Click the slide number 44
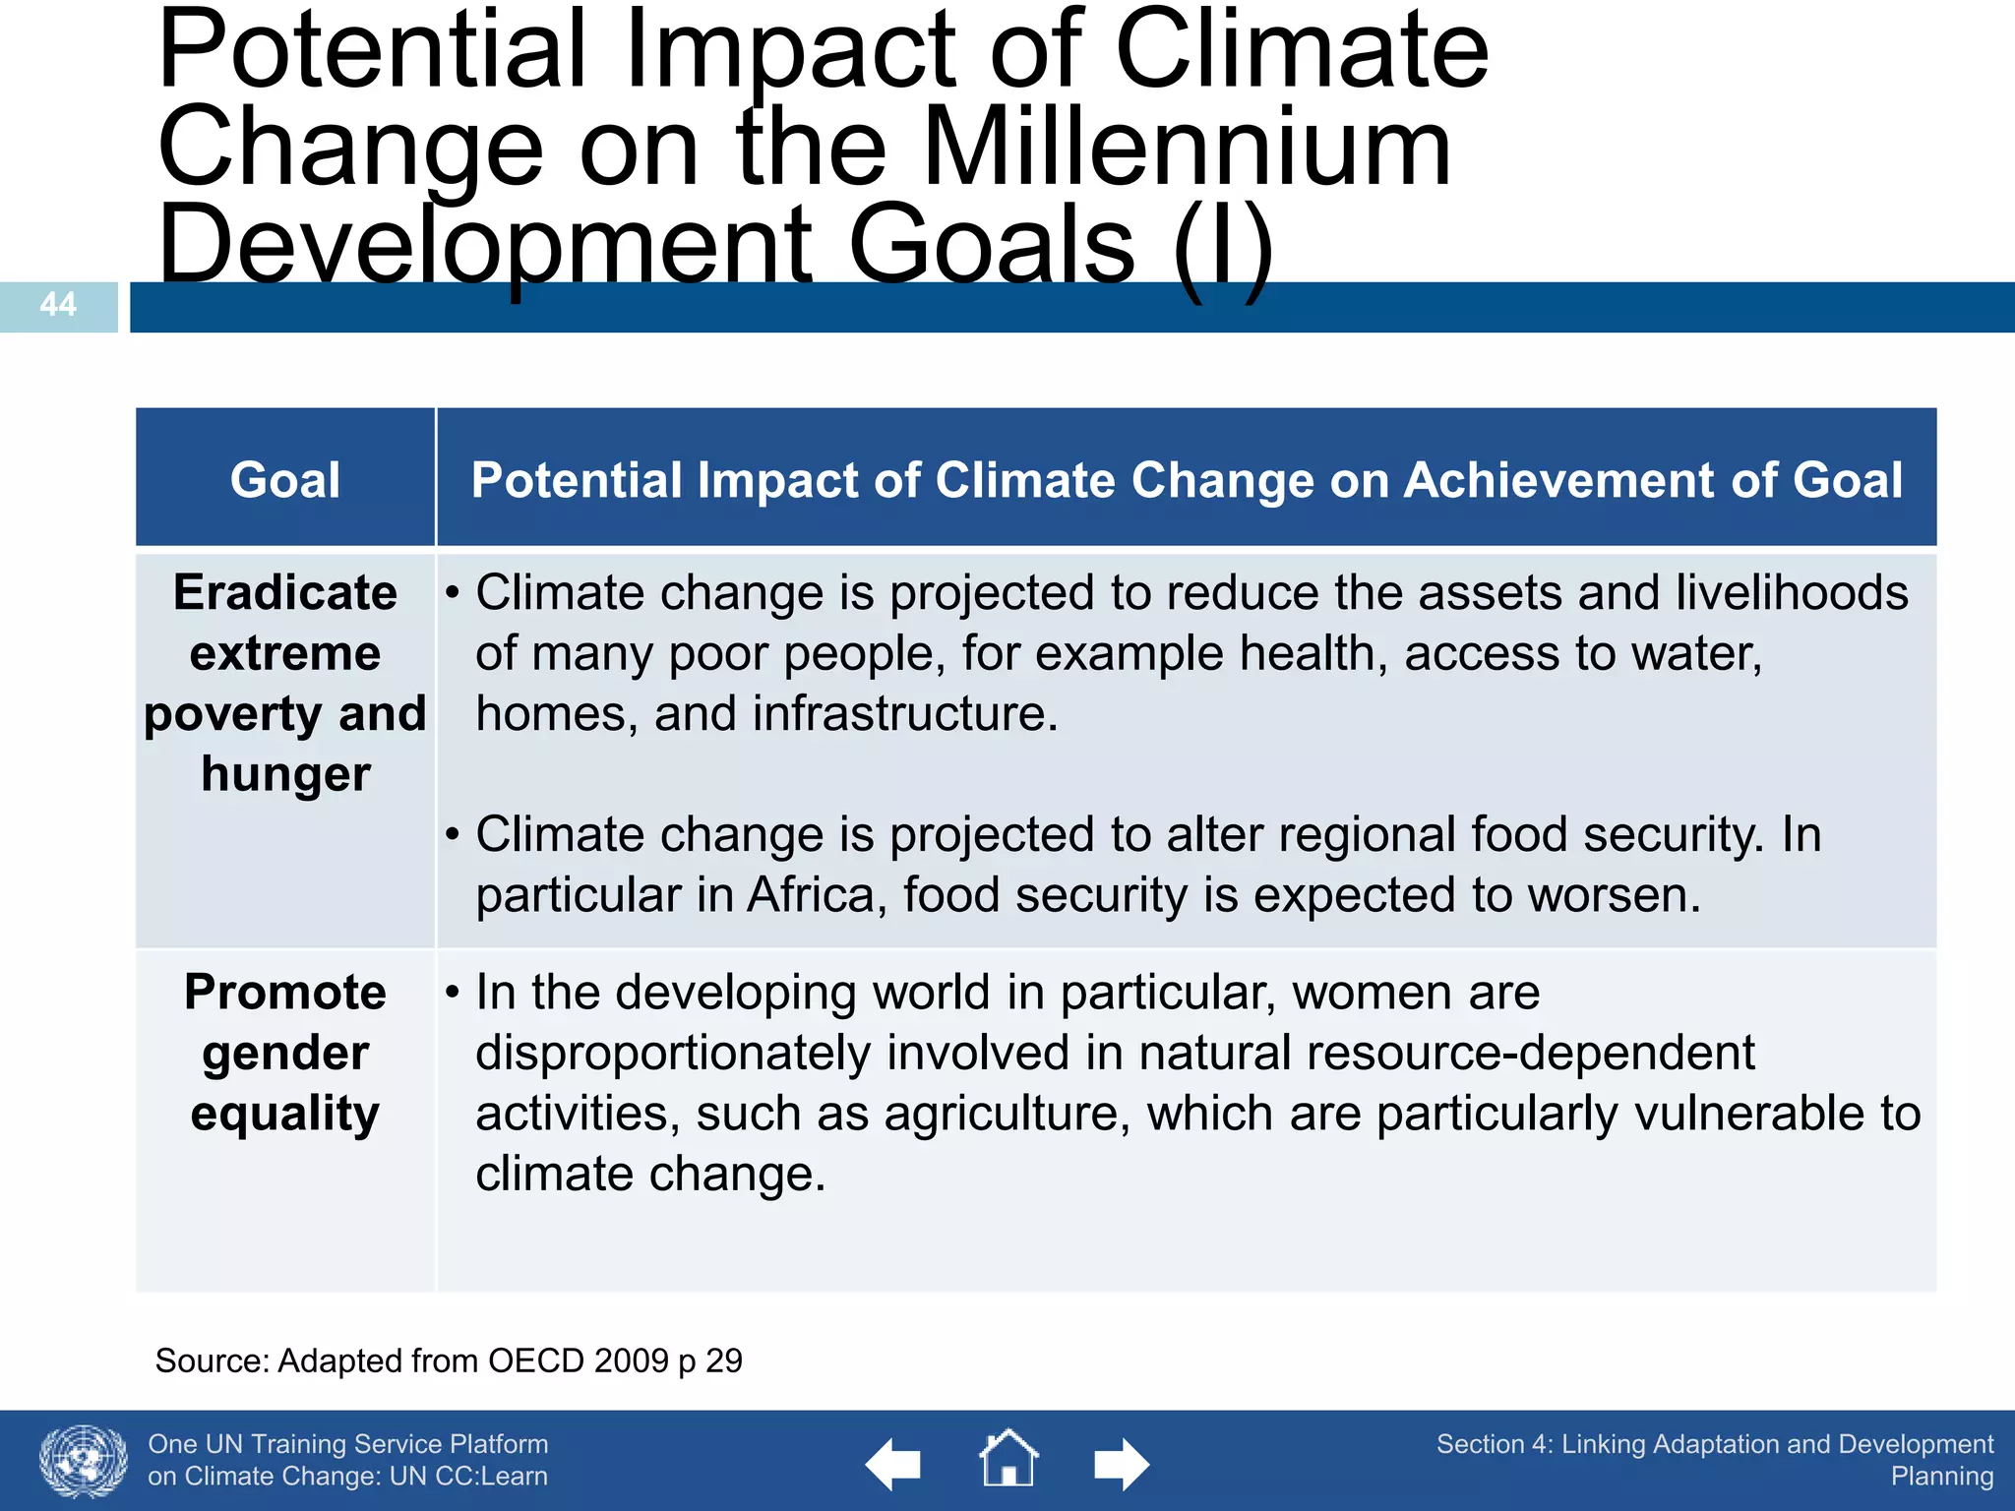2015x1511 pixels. point(58,305)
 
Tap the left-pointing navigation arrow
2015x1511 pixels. point(893,1465)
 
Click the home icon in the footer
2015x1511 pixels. point(1008,1459)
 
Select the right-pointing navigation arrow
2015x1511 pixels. point(1121,1465)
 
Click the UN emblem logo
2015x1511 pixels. point(84,1462)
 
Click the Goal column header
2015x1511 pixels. point(285,481)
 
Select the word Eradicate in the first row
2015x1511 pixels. point(285,593)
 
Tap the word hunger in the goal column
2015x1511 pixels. point(285,774)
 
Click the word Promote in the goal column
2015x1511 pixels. point(285,993)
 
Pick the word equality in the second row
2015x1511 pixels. point(285,1114)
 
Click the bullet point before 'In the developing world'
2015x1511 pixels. point(452,993)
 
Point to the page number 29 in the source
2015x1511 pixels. point(724,1361)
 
